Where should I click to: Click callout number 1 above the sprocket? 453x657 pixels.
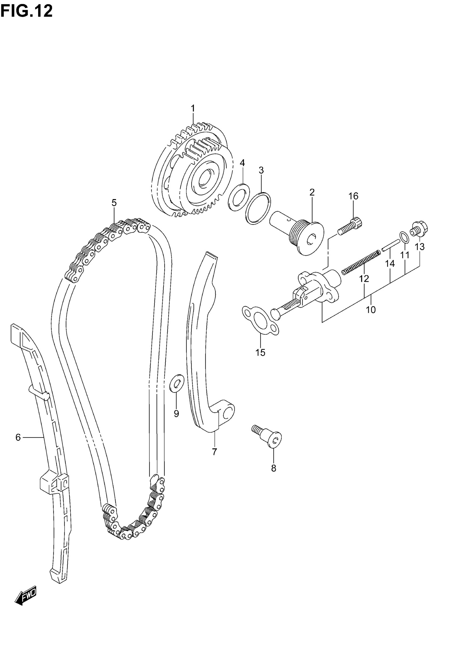tap(193, 109)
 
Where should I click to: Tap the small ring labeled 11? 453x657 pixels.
tap(404, 238)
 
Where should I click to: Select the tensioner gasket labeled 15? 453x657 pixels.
tap(260, 320)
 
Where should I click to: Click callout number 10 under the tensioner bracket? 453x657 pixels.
tap(371, 310)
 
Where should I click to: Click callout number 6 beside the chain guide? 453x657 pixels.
tap(18, 437)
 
